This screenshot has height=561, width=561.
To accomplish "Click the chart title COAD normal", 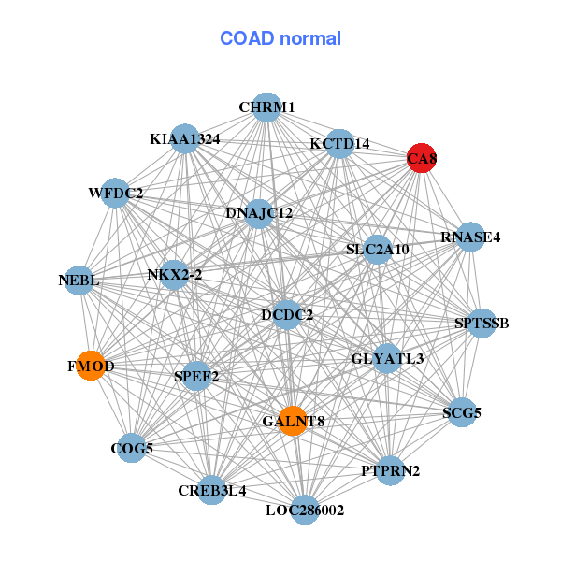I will click(x=280, y=39).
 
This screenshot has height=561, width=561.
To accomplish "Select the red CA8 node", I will click(x=422, y=159).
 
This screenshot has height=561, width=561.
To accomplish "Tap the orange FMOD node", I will click(x=91, y=367).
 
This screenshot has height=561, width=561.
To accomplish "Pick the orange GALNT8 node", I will click(x=293, y=422).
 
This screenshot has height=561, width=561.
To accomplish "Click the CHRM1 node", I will click(x=266, y=108).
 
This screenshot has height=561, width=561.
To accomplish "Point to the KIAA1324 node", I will click(x=185, y=139).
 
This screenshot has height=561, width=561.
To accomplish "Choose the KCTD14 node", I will click(x=340, y=144).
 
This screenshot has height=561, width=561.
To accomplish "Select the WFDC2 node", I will click(x=115, y=194).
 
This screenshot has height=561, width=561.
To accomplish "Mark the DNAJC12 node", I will click(x=259, y=213).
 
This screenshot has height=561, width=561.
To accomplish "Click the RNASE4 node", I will click(x=470, y=237).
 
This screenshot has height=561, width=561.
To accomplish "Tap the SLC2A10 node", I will click(x=377, y=250).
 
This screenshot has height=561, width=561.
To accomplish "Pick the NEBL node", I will click(x=78, y=280).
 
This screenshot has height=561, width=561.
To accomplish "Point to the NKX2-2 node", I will click(x=174, y=275).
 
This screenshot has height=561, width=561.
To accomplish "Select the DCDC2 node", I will click(x=287, y=315).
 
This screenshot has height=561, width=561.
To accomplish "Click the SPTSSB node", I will click(x=482, y=324).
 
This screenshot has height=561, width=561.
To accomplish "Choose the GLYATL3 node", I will click(x=387, y=358).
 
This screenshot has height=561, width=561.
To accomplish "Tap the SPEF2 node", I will click(x=196, y=377).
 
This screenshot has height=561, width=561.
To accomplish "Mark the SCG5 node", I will click(x=462, y=411).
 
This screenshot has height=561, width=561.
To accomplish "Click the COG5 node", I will click(x=132, y=449).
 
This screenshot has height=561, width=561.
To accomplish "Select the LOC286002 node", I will click(x=305, y=511).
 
